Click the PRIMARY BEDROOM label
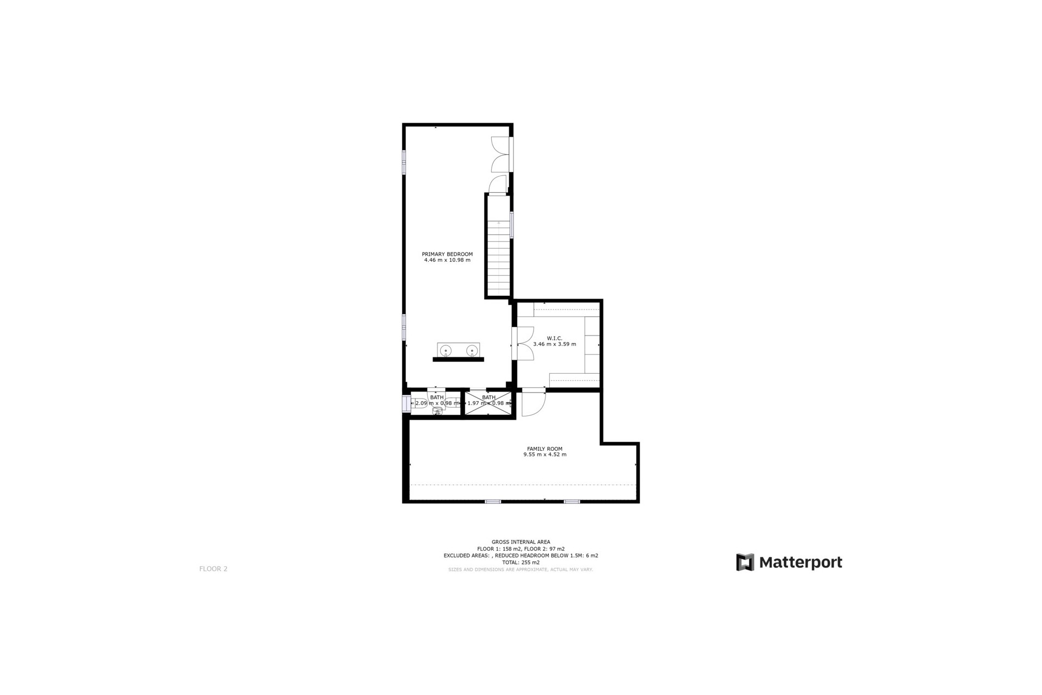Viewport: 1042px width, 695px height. [447, 254]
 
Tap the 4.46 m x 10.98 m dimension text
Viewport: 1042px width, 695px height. [447, 260]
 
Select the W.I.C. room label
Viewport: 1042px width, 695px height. [555, 338]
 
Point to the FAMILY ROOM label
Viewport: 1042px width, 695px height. [544, 449]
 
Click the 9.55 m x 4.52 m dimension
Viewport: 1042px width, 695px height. [544, 454]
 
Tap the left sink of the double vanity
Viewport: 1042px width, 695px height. [446, 350]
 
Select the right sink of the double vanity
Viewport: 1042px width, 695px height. [472, 350]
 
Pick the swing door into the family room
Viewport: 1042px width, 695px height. [532, 403]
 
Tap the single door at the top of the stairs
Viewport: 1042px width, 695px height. [498, 185]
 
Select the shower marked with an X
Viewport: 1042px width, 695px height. [488, 403]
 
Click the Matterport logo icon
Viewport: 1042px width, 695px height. [745, 562]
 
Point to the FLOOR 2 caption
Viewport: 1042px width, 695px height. [213, 569]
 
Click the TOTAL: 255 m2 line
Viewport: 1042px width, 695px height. [520, 563]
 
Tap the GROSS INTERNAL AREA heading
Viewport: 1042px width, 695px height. [520, 542]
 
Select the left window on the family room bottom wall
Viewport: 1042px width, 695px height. [492, 501]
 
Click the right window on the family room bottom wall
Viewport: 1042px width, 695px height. [571, 501]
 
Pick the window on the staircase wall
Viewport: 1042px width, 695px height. [512, 224]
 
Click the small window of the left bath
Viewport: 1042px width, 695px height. [405, 404]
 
